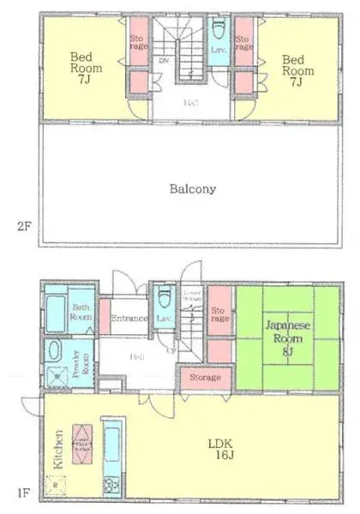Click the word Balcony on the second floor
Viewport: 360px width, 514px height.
click(193, 189)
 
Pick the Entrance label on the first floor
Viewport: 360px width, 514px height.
click(129, 318)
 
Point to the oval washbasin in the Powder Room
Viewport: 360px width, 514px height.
click(54, 351)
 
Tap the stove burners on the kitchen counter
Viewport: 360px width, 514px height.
click(111, 485)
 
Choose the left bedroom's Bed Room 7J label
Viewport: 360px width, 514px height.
click(86, 68)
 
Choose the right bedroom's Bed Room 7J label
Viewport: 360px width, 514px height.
click(293, 68)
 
